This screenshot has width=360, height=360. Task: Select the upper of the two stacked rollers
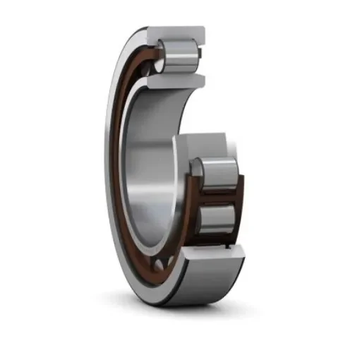pyautogui.click(x=215, y=172)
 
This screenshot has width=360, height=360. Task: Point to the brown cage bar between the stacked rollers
pyautogui.click(x=219, y=196)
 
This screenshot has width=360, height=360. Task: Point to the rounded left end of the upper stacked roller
pyautogui.click(x=198, y=172)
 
